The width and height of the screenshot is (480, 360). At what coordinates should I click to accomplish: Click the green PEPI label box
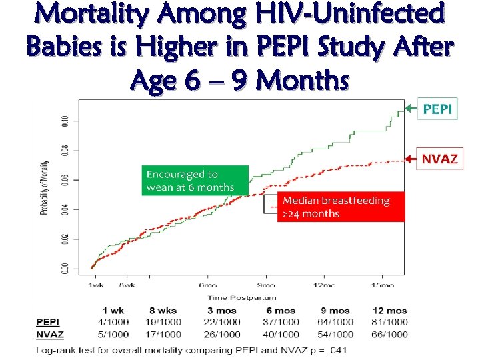tap(437, 109)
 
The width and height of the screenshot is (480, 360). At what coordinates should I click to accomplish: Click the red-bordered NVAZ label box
tap(439, 159)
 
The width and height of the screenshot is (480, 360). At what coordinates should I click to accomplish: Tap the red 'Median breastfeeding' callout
tap(341, 207)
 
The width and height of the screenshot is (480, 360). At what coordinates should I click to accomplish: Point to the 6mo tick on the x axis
tap(207, 285)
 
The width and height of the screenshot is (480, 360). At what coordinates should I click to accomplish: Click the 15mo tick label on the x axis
tap(382, 285)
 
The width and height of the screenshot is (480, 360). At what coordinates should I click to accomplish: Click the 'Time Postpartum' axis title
tap(241, 298)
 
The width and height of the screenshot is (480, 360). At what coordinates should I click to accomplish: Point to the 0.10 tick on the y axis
tap(65, 121)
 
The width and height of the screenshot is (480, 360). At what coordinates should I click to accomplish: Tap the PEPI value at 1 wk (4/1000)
tap(113, 323)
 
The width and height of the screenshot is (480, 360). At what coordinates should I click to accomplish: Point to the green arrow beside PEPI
tap(409, 108)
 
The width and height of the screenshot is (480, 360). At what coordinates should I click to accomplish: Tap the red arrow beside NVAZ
tap(409, 159)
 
